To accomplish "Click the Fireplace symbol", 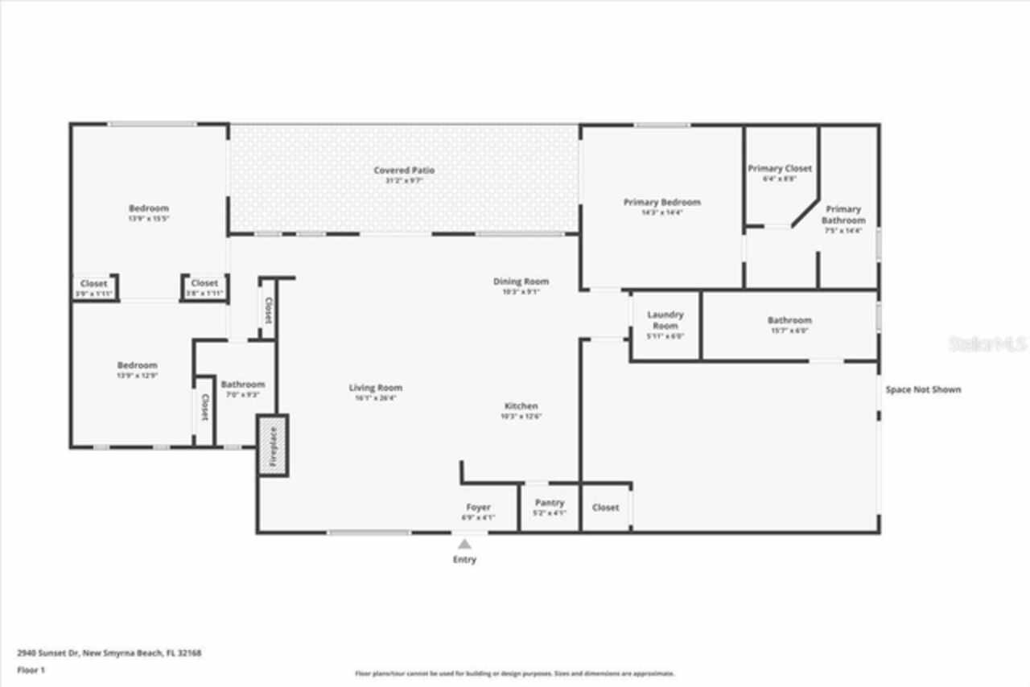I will (272, 446).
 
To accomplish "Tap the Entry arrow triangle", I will (464, 545).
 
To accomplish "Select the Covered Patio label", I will (404, 171).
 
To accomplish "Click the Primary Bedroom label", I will (661, 203).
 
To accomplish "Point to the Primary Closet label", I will (780, 169).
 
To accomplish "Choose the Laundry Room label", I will (665, 320).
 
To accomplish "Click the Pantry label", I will (550, 504).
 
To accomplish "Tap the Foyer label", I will (478, 508).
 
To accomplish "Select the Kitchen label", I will (521, 406).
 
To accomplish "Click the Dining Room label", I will (521, 282).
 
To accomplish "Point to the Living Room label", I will (375, 388).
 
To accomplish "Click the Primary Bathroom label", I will (843, 215).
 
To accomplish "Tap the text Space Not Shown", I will (923, 390).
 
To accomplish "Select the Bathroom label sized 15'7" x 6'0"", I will (789, 320).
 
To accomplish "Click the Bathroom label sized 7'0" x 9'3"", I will (242, 385).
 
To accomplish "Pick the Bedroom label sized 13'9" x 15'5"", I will (149, 208).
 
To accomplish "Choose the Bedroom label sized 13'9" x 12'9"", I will (138, 365).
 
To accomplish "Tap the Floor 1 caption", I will (30, 670).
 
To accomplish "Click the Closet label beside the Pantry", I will (605, 508).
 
